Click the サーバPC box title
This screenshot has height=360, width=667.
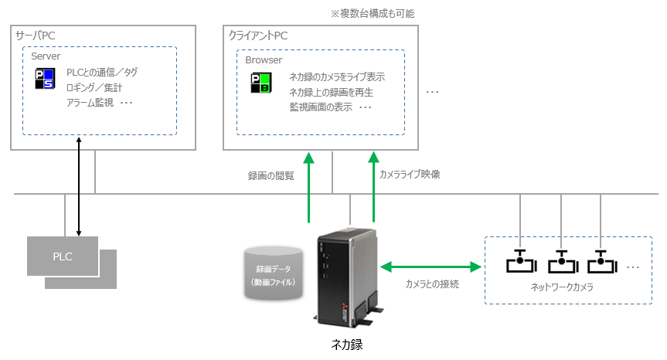36,36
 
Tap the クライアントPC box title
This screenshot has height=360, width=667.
259,36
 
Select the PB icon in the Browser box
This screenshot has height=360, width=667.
260,83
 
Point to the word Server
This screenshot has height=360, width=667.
46,56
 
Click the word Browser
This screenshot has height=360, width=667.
264,59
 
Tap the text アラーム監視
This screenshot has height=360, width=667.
90,102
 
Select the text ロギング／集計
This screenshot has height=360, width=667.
94,87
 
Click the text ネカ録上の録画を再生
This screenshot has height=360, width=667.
331,92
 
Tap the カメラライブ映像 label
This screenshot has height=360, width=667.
410,175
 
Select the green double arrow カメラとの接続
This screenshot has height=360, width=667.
430,267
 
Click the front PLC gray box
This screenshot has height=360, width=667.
63,256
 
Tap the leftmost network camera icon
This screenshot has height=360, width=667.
521,262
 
